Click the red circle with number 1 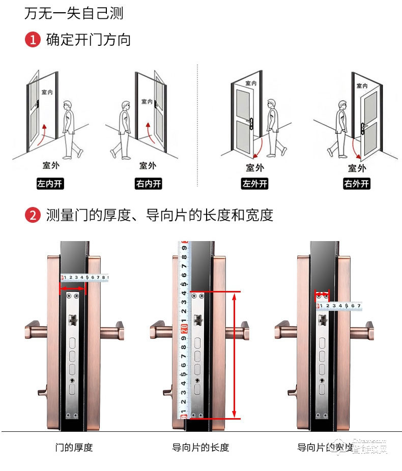(33, 40)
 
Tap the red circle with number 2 (33, 215)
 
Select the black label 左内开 (50, 184)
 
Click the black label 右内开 (148, 184)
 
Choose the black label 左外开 (254, 184)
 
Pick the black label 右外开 (357, 184)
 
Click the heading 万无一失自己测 (74, 13)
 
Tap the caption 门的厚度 (74, 448)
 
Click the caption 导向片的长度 (200, 448)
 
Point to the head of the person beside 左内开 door (67, 106)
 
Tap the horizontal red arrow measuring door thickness (73, 289)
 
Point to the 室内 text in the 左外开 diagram (251, 83)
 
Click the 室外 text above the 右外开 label (357, 168)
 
